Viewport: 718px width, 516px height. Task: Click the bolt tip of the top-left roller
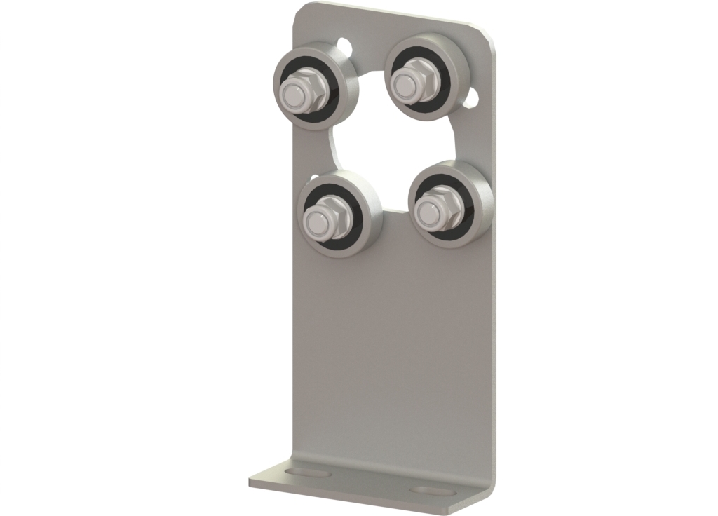tap(292, 91)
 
